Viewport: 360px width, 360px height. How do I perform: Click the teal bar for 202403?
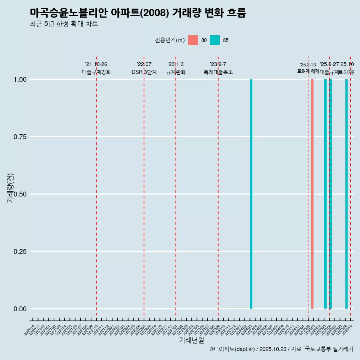251,194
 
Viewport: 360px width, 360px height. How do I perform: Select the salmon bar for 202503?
312,194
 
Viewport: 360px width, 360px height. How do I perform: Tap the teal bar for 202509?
346,194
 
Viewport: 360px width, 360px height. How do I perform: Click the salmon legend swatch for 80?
193,40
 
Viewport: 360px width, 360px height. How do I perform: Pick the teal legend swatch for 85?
215,40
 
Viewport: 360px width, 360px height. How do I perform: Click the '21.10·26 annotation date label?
96,64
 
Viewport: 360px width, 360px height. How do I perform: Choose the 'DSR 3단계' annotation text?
144,72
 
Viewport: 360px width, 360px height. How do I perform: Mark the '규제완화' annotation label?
176,72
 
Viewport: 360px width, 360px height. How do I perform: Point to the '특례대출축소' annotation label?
218,72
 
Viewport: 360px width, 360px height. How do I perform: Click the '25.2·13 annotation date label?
308,65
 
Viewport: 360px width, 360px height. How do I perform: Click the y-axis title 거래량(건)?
10,188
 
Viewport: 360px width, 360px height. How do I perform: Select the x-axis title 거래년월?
191,340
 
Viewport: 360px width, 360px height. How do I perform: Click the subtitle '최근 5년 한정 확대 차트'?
64,24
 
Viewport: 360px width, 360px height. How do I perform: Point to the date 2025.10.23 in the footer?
273,349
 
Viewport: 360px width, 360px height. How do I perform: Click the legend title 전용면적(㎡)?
170,40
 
